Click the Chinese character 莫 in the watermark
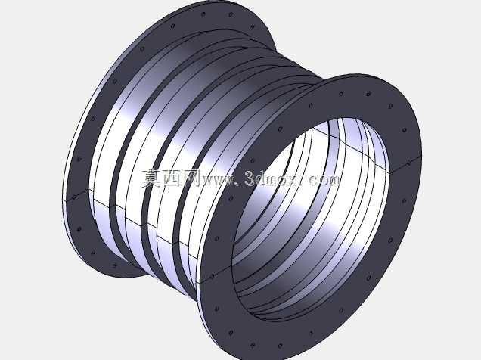click(x=151, y=178)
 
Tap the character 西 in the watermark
click(x=171, y=178)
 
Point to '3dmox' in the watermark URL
click(x=273, y=178)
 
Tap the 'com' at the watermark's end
click(x=324, y=181)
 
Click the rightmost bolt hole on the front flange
click(x=408, y=163)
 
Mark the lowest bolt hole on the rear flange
click(x=115, y=265)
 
